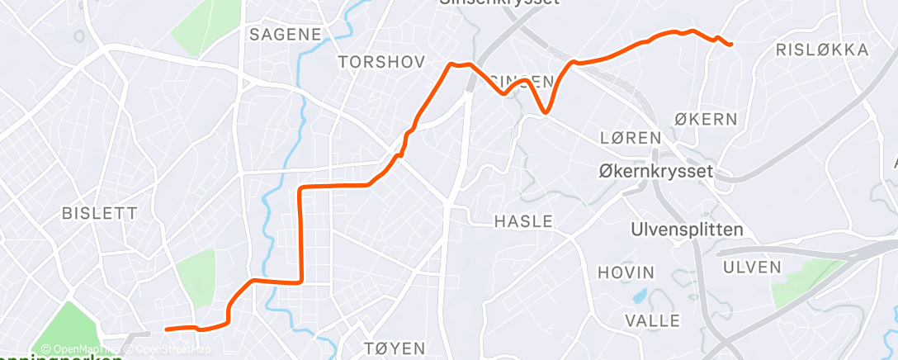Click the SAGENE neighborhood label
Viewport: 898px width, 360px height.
285,34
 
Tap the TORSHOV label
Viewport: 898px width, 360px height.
381,62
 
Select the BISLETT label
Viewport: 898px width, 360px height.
100,213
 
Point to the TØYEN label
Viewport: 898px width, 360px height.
395,348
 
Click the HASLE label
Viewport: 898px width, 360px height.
523,221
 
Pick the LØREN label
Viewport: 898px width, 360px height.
631,137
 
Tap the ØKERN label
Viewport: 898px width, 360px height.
706,119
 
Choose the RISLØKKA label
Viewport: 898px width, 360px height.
823,50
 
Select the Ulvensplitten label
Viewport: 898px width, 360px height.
687,230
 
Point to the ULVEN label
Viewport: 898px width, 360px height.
751,266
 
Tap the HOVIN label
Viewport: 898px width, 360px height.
626,272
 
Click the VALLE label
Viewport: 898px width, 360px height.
653,320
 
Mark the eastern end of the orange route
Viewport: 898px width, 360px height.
731,45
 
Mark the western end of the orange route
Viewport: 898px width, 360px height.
167,329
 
